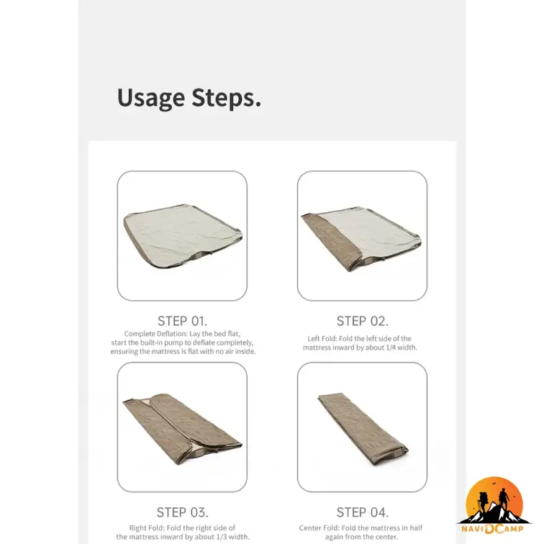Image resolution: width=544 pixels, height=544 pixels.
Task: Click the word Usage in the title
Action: (x=151, y=99)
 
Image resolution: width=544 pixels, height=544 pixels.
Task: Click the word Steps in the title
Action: (x=226, y=97)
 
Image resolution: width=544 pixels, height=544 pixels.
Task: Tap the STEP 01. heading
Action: (x=182, y=321)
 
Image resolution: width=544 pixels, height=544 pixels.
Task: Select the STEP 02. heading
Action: (x=362, y=321)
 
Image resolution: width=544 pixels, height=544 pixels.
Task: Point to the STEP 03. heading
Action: (x=182, y=512)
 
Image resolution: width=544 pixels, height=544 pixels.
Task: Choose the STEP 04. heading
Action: (x=362, y=512)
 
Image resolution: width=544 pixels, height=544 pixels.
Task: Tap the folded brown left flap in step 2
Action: (x=327, y=240)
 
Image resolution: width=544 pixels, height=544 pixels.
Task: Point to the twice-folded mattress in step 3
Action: (x=182, y=429)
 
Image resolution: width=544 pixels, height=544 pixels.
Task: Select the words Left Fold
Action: (x=321, y=339)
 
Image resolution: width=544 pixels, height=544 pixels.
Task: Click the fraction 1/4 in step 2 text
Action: (x=391, y=348)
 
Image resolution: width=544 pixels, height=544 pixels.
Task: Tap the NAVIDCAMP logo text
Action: (x=493, y=529)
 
